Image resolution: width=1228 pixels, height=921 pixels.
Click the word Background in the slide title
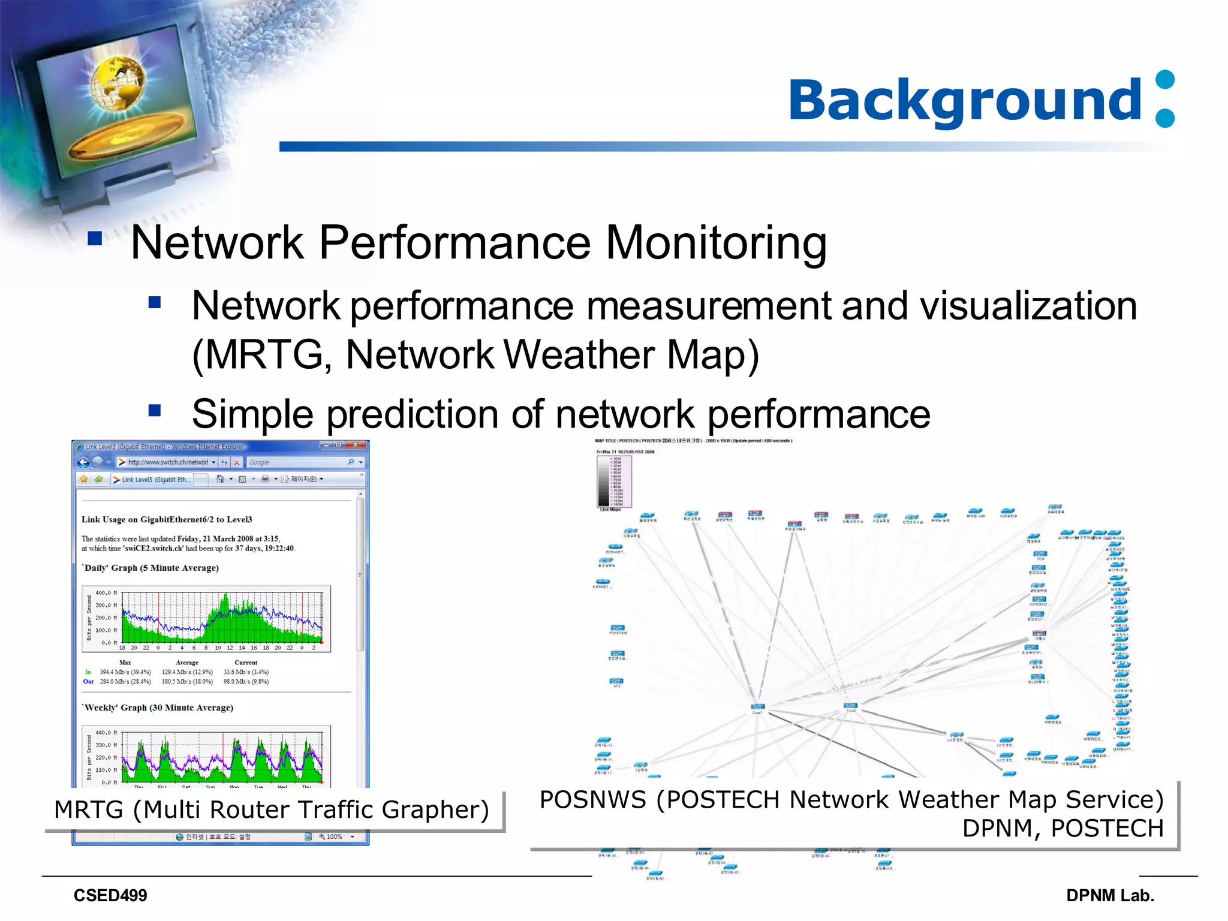(965, 100)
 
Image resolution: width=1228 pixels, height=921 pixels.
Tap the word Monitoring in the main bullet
(716, 243)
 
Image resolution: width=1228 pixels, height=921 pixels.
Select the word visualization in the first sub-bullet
(1028, 306)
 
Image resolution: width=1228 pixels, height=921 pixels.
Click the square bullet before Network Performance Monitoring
(95, 239)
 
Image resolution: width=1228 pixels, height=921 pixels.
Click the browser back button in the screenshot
(83, 462)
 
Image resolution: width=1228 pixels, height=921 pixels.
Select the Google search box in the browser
(297, 462)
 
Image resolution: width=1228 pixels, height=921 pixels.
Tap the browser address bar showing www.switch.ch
(168, 462)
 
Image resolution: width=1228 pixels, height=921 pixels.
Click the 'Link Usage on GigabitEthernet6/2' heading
(167, 519)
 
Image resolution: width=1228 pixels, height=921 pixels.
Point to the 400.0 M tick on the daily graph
(106, 593)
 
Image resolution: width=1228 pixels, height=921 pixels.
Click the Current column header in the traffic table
(246, 663)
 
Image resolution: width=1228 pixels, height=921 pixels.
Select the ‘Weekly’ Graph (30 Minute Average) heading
(158, 708)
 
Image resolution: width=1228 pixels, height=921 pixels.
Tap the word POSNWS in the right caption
(592, 800)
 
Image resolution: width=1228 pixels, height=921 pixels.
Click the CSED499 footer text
(110, 896)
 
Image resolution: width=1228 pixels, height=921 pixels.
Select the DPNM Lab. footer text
(1110, 896)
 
